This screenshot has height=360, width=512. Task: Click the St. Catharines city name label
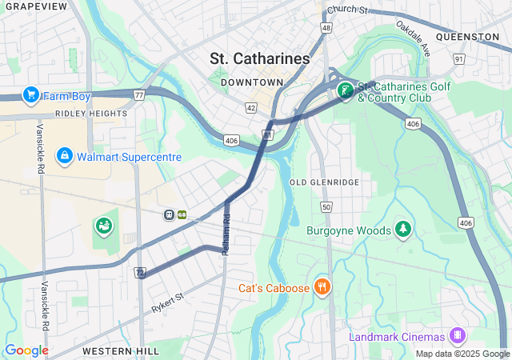tap(259, 58)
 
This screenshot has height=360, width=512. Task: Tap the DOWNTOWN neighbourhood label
tap(252, 82)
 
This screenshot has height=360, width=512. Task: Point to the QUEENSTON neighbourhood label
tap(468, 37)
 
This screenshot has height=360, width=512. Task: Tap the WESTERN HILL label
tap(113, 351)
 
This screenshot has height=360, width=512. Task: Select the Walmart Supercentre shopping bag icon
tap(65, 155)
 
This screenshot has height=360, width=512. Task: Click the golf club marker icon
tap(345, 91)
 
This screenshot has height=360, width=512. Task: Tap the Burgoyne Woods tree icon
tap(403, 230)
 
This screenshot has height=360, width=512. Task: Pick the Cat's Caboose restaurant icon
tap(322, 286)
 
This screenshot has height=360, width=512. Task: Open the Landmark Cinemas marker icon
tap(457, 335)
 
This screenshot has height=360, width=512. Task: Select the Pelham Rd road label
tap(226, 235)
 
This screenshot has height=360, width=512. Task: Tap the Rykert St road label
tap(167, 302)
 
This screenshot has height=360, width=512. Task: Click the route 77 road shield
tap(138, 95)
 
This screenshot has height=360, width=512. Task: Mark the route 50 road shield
tap(326, 207)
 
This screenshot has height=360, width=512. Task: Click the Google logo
tap(26, 350)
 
